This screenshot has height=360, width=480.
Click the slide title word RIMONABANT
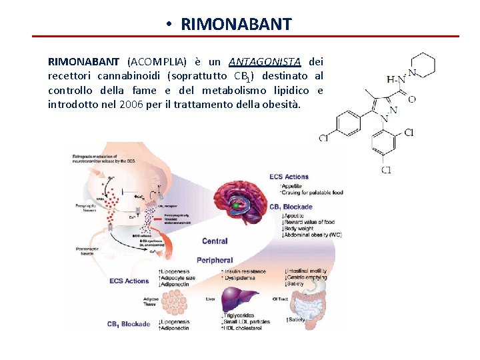click(236, 25)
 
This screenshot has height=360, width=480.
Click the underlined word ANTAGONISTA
click(265, 62)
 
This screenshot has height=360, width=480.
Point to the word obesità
click(282, 105)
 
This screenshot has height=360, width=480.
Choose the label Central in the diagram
click(215, 241)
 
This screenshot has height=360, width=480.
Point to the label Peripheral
click(215, 260)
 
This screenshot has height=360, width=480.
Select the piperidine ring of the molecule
click(421, 65)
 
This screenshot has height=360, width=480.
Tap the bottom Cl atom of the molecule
click(387, 170)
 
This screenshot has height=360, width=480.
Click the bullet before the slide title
click(171, 25)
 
